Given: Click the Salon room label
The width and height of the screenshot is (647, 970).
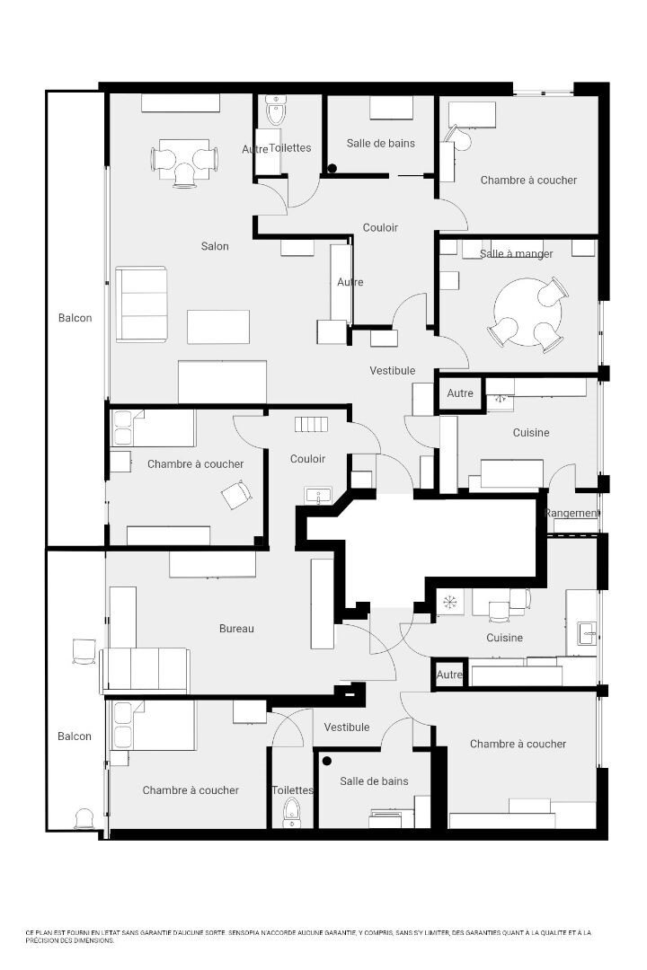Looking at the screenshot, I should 215,246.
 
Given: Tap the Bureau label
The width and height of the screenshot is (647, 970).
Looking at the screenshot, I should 236,629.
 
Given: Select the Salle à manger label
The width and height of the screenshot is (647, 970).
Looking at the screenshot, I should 516,254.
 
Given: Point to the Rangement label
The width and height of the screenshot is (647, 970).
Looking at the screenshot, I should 572,514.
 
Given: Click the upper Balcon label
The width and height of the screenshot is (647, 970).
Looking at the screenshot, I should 75,318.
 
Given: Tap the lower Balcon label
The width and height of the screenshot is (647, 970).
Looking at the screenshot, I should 75,736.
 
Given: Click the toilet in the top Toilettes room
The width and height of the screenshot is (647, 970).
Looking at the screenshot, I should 276,113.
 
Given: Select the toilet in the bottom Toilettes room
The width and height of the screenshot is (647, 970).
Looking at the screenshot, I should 291,815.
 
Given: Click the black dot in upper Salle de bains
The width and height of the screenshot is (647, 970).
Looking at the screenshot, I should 332,168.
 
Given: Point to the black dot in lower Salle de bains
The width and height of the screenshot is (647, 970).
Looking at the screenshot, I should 327,761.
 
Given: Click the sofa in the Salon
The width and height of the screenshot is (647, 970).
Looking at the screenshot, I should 141,304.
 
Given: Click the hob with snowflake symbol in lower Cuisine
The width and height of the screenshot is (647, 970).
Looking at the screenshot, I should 449,602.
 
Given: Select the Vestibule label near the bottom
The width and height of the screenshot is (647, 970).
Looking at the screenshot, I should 347,727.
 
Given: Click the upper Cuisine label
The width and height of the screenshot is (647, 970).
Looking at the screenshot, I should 531,433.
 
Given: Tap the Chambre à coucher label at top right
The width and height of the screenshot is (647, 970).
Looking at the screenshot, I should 528,181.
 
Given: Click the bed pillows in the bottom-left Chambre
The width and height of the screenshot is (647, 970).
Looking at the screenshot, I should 121,725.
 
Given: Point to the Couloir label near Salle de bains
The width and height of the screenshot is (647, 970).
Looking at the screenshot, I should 380,228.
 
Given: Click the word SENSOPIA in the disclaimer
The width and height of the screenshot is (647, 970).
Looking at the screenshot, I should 246,933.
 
